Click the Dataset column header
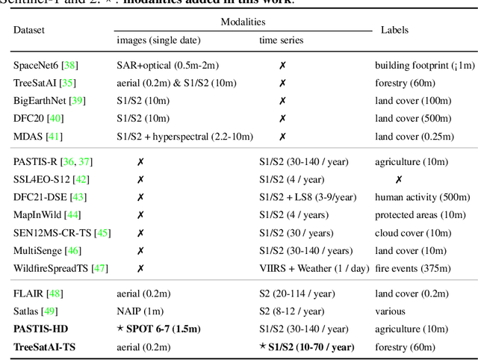(29, 31)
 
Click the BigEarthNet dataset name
(40, 99)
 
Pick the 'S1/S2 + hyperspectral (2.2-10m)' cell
(185, 137)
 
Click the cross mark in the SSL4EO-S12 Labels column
(399, 179)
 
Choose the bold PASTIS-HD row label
(43, 329)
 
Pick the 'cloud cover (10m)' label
(411, 233)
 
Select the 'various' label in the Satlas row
(390, 311)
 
